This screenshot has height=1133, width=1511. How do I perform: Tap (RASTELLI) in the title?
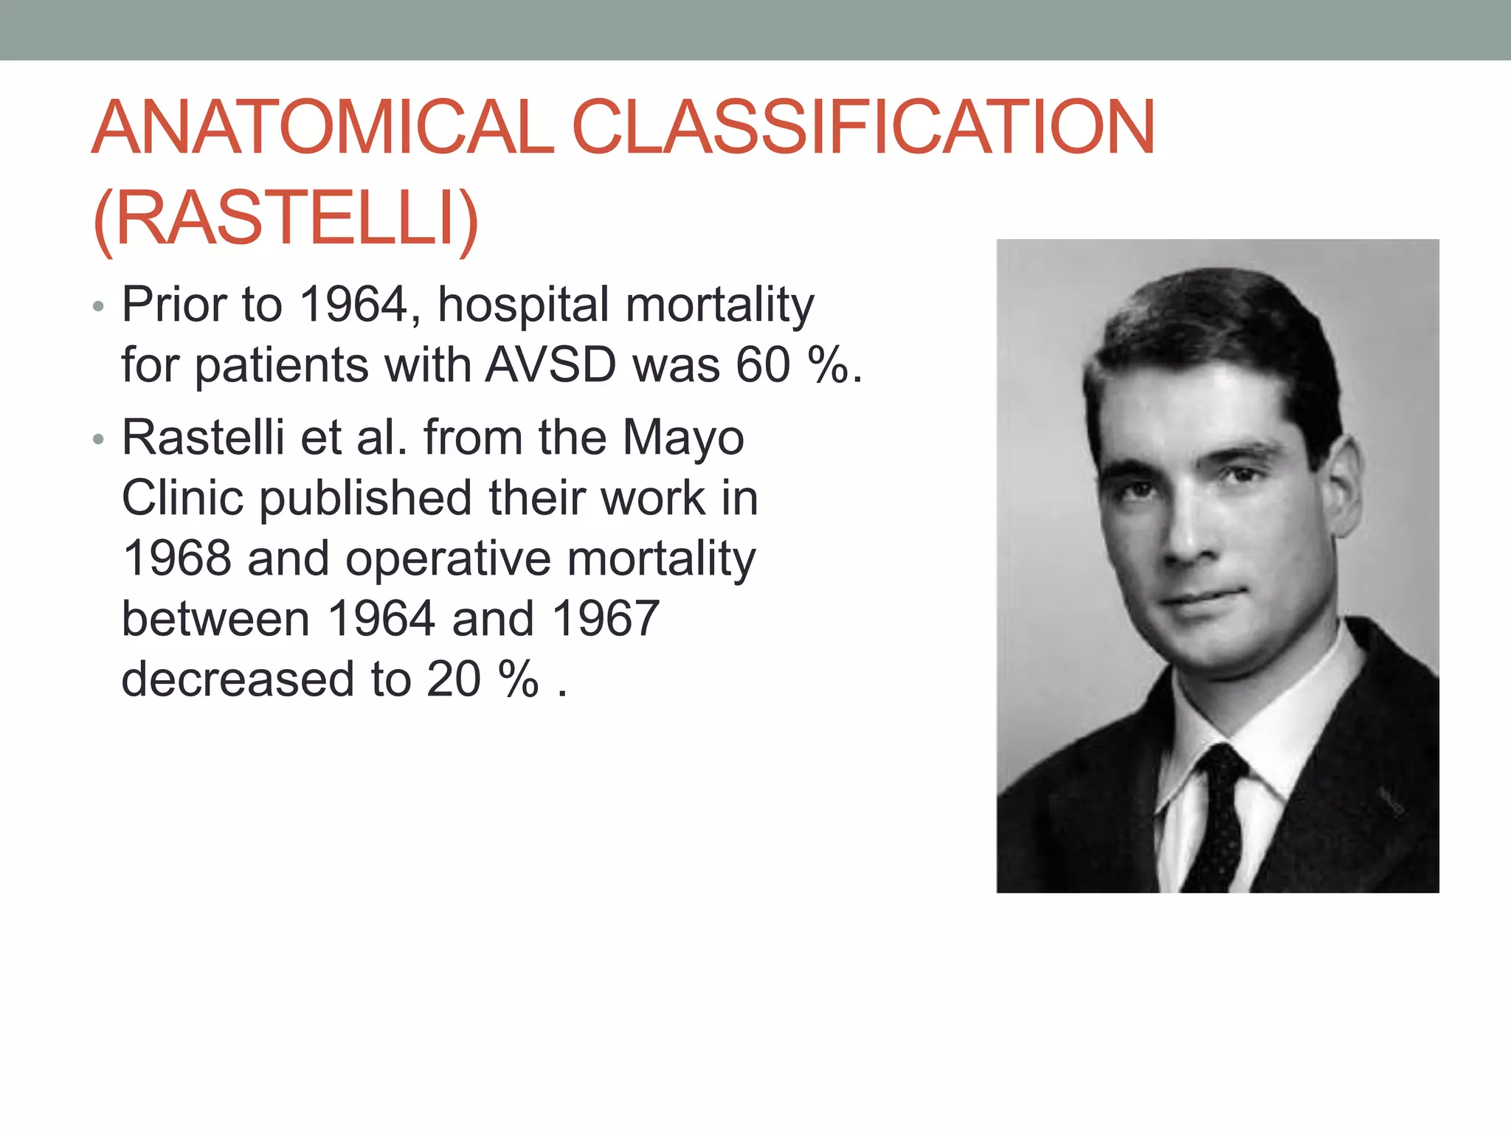pos(286,218)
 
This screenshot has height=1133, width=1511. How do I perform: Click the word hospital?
pos(522,305)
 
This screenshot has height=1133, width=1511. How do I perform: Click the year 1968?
pos(177,558)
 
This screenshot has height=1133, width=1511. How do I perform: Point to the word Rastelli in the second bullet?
pos(203,437)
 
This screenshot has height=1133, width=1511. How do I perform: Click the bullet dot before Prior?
pos(99,307)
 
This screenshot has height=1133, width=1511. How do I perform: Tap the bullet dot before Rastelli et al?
pos(99,440)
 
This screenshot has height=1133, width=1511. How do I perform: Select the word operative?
pos(448,559)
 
